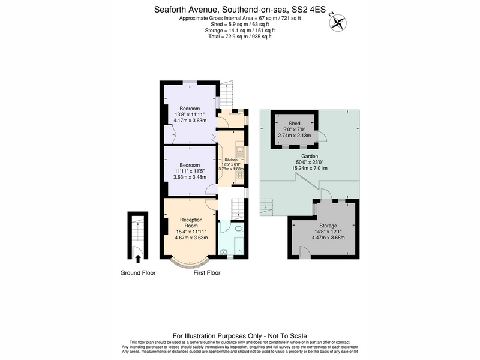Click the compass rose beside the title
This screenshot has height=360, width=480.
tap(338, 22)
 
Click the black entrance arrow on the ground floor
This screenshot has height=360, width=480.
tap(138, 259)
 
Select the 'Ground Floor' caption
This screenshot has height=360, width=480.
tap(138, 273)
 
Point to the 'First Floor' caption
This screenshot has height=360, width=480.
tap(207, 273)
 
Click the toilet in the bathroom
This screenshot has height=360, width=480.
tap(239, 229)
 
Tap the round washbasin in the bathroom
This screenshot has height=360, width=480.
tap(224, 252)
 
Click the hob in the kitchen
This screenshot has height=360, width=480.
tap(240, 175)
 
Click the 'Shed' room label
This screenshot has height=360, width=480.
tap(294, 124)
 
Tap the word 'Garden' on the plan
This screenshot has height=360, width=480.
tap(310, 156)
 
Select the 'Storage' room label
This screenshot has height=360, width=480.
tap(328, 226)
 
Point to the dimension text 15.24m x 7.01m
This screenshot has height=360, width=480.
tap(310, 168)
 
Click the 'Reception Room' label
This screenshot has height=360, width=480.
tap(191, 223)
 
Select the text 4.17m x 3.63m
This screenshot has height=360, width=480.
tap(190, 121)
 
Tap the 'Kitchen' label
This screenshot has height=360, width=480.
tap(231, 160)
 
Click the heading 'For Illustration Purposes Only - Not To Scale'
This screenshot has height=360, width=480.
tap(240, 336)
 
